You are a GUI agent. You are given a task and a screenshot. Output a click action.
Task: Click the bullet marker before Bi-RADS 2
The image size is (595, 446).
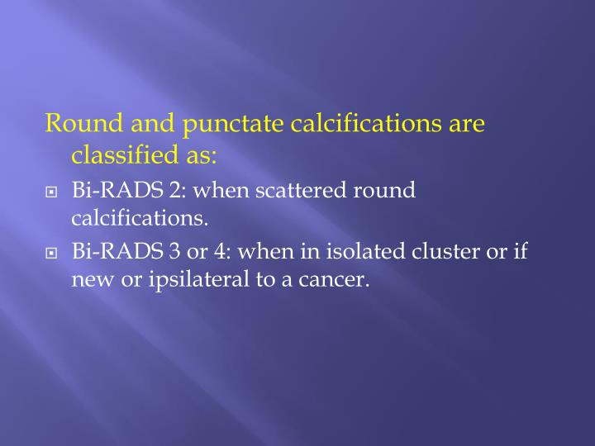coord(52,192)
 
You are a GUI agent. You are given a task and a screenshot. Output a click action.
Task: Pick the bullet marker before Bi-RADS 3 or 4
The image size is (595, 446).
coord(52,252)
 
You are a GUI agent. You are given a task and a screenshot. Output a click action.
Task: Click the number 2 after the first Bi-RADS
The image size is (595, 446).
coord(175,191)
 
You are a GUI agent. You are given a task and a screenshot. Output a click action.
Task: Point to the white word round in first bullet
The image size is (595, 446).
coord(384,191)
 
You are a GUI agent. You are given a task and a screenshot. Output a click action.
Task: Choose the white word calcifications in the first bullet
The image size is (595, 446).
coord(139,219)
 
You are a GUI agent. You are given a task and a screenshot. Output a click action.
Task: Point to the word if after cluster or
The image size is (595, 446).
coord(519,251)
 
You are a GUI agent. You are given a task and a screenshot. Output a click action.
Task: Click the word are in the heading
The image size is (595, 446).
coord(466,125)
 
